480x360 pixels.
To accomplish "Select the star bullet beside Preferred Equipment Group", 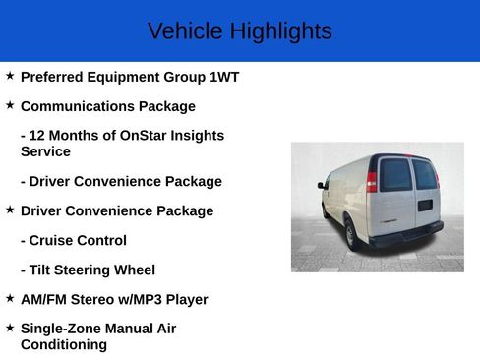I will tap(10, 76).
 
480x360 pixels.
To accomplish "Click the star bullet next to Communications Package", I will tap(10, 105).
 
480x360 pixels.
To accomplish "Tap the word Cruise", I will tap(53, 240).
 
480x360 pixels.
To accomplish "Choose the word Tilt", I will tap(43, 270).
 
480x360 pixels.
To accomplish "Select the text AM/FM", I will tap(44, 299).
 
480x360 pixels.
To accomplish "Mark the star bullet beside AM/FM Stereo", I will tap(10, 298).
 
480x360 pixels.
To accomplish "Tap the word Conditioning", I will tap(64, 345).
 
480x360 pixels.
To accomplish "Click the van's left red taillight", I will tap(372, 181).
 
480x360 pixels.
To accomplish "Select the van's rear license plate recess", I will tap(424, 205).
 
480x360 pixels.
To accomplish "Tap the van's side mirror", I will tap(322, 184).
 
